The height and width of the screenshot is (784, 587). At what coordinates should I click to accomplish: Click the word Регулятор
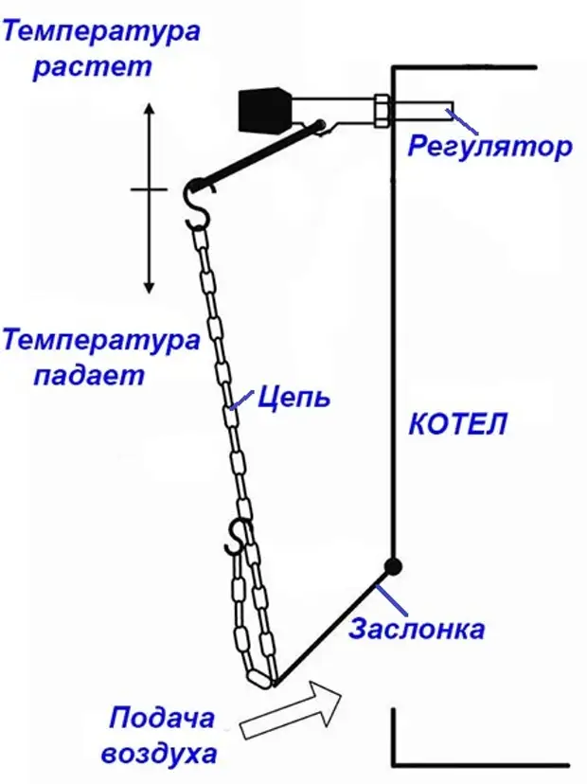[490, 147]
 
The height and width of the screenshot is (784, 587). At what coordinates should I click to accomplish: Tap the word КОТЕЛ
[457, 423]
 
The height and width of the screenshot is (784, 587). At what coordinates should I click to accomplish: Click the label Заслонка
[417, 629]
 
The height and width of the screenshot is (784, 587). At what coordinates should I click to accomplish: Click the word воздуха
[162, 755]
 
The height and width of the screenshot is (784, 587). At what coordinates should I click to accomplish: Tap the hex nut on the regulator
[382, 110]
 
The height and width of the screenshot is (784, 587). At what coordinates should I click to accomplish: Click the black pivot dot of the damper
[392, 566]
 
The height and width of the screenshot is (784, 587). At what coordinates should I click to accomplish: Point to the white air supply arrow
[292, 711]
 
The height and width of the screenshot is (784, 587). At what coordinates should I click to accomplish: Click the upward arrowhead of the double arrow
[149, 110]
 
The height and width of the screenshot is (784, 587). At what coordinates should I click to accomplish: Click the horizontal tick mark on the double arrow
[149, 189]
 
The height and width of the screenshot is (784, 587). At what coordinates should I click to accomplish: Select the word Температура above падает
[101, 339]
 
